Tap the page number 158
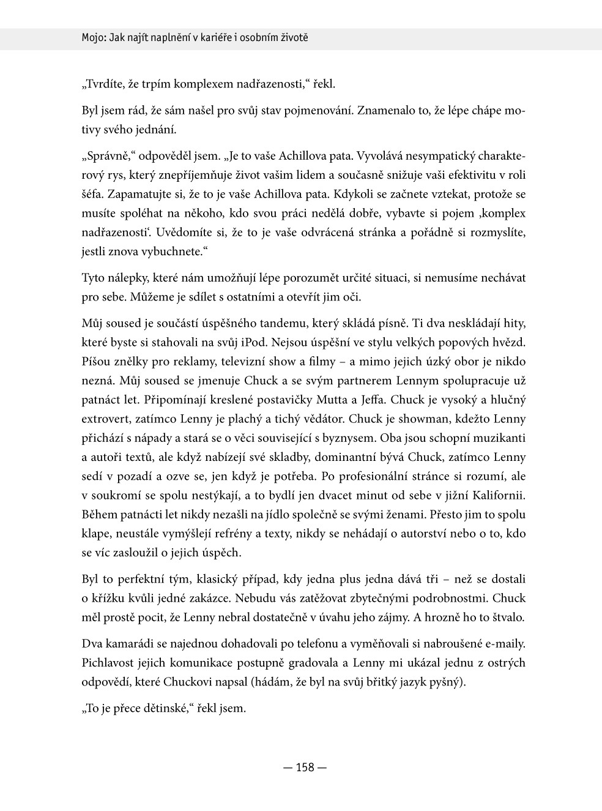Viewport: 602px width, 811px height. (x=305, y=767)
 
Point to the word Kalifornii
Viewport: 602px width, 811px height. (x=498, y=495)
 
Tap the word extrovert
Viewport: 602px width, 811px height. (x=106, y=419)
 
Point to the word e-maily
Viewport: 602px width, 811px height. (x=504, y=644)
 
